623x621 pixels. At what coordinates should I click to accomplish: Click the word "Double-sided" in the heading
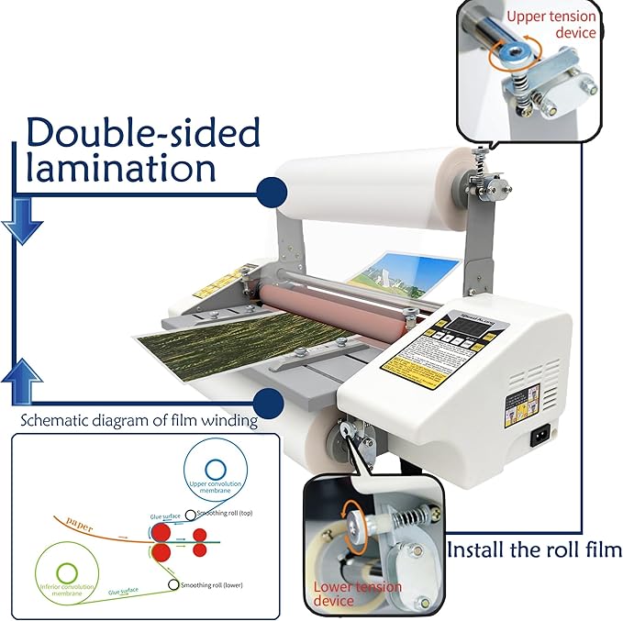142,134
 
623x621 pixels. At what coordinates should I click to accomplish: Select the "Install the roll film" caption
535,550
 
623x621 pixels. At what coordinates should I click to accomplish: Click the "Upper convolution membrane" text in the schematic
218,487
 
